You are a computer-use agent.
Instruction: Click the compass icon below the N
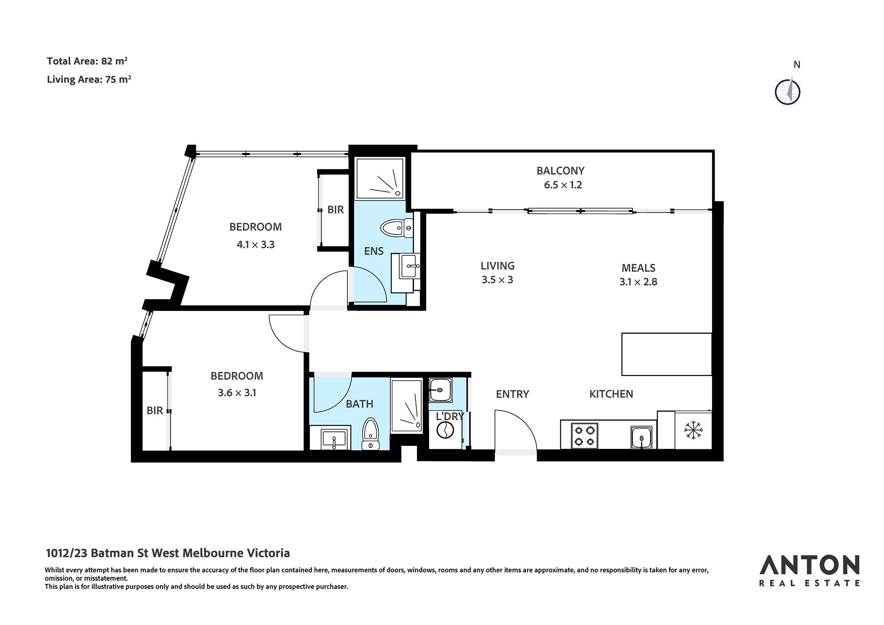788,92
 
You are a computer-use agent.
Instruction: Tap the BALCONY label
560,171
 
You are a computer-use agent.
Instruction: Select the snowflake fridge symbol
693,430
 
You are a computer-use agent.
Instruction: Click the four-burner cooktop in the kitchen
585,436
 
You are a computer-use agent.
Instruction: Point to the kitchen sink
641,437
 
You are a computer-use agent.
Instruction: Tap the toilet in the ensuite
396,228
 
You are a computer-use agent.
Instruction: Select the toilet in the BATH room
370,434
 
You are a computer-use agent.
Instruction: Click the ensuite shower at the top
380,178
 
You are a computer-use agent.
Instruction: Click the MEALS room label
638,268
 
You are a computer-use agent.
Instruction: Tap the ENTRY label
512,394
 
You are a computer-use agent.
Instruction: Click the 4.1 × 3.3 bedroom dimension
255,245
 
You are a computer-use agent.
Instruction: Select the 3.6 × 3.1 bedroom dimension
237,393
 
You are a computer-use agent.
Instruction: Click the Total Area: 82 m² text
88,61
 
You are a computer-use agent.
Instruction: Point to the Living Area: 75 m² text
89,80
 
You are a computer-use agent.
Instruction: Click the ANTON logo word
809,565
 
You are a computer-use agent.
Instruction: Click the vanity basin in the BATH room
334,439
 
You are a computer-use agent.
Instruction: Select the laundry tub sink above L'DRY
440,390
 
